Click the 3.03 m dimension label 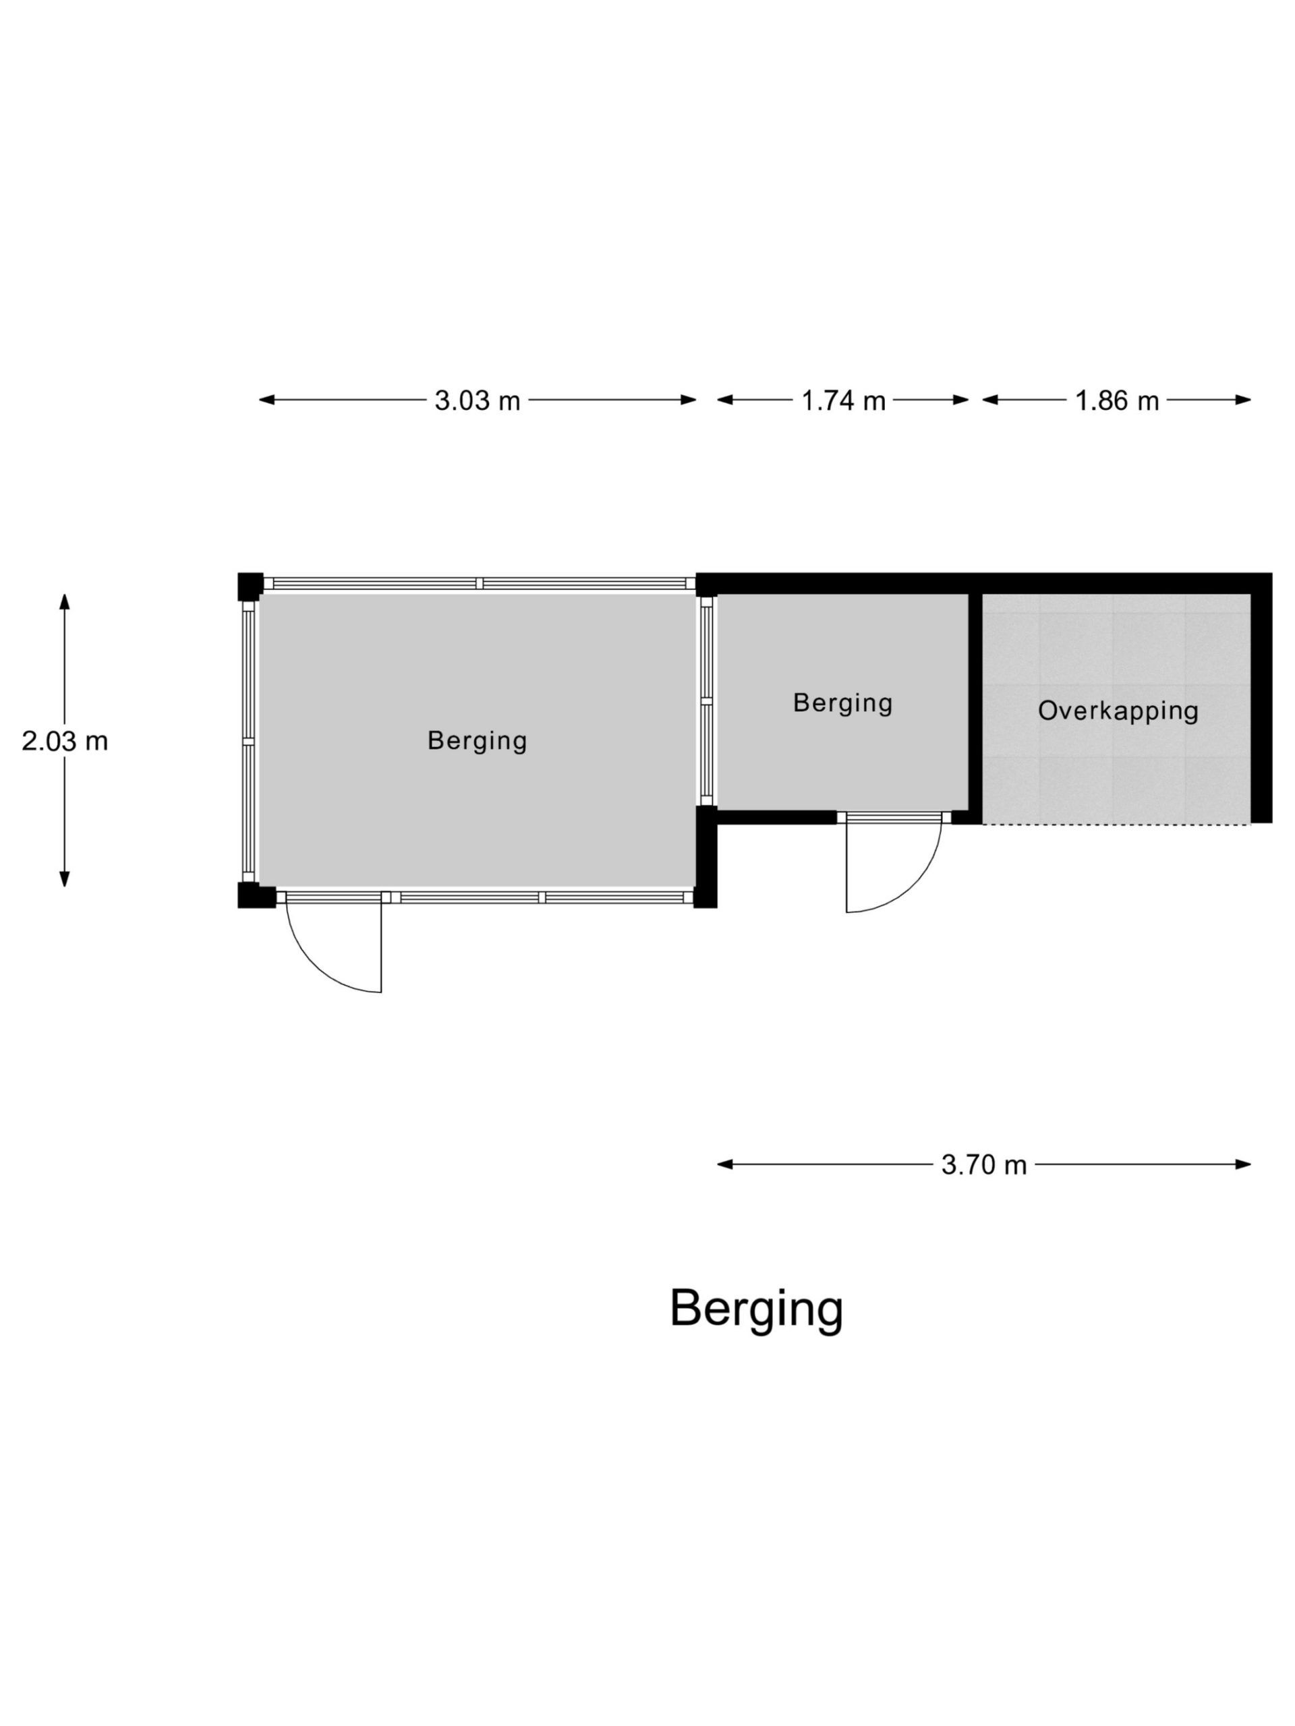click(x=477, y=400)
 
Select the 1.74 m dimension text click(x=843, y=400)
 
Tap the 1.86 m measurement click(x=1116, y=400)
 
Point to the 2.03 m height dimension click(x=65, y=740)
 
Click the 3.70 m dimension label click(x=983, y=1165)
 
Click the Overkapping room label click(x=1118, y=711)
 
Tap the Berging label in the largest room click(x=477, y=740)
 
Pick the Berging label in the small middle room click(x=842, y=703)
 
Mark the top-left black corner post click(x=250, y=586)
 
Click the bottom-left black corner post click(x=254, y=895)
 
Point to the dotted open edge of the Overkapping click(x=1116, y=824)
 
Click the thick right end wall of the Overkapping click(x=1261, y=698)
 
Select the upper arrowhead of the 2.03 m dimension click(x=65, y=601)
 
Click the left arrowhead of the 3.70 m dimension click(x=725, y=1165)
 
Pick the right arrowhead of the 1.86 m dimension click(x=1242, y=400)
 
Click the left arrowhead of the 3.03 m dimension click(x=267, y=400)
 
